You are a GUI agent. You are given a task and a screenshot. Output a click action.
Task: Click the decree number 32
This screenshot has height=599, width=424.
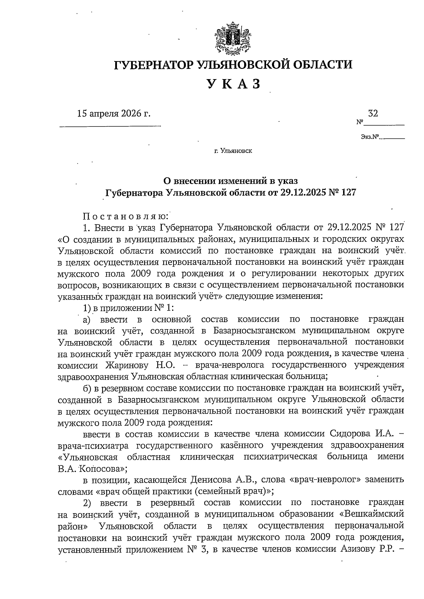373,113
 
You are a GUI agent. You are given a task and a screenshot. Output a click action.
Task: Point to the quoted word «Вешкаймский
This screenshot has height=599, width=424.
370,514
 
